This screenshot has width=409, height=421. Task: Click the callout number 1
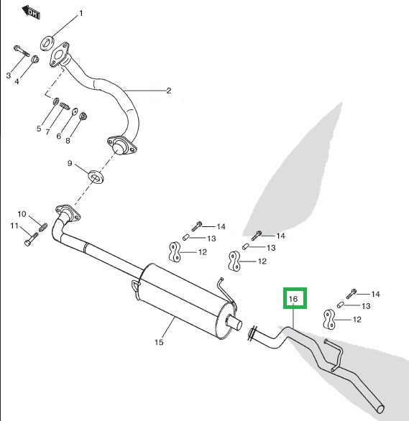[x=81, y=14]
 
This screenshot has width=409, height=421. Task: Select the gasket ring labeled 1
[x=48, y=42]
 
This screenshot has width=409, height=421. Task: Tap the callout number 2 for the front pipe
[x=168, y=91]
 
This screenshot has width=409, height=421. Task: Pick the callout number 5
[x=40, y=129]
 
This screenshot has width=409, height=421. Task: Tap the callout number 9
[x=70, y=165]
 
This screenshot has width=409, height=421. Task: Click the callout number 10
[x=22, y=214]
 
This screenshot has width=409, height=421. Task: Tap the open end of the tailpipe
[x=380, y=409]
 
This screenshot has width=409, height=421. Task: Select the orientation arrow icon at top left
[x=29, y=11]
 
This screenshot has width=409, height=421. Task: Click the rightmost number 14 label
[x=375, y=294]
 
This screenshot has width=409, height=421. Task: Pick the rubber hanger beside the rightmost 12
[x=329, y=318]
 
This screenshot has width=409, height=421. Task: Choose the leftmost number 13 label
[x=211, y=238]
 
